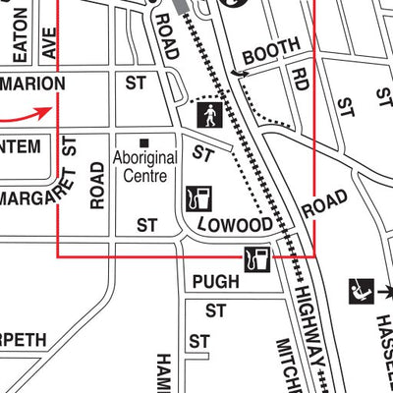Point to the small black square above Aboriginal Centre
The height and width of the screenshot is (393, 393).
pyautogui.click(x=144, y=141)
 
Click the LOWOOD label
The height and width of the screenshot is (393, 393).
pyautogui.click(x=233, y=225)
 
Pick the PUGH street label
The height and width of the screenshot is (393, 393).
pyautogui.click(x=215, y=282)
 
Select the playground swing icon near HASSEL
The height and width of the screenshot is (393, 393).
pyautogui.click(x=359, y=291)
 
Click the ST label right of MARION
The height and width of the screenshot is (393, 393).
pyautogui.click(x=136, y=84)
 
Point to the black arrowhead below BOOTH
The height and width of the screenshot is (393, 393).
pyautogui.click(x=237, y=74)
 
